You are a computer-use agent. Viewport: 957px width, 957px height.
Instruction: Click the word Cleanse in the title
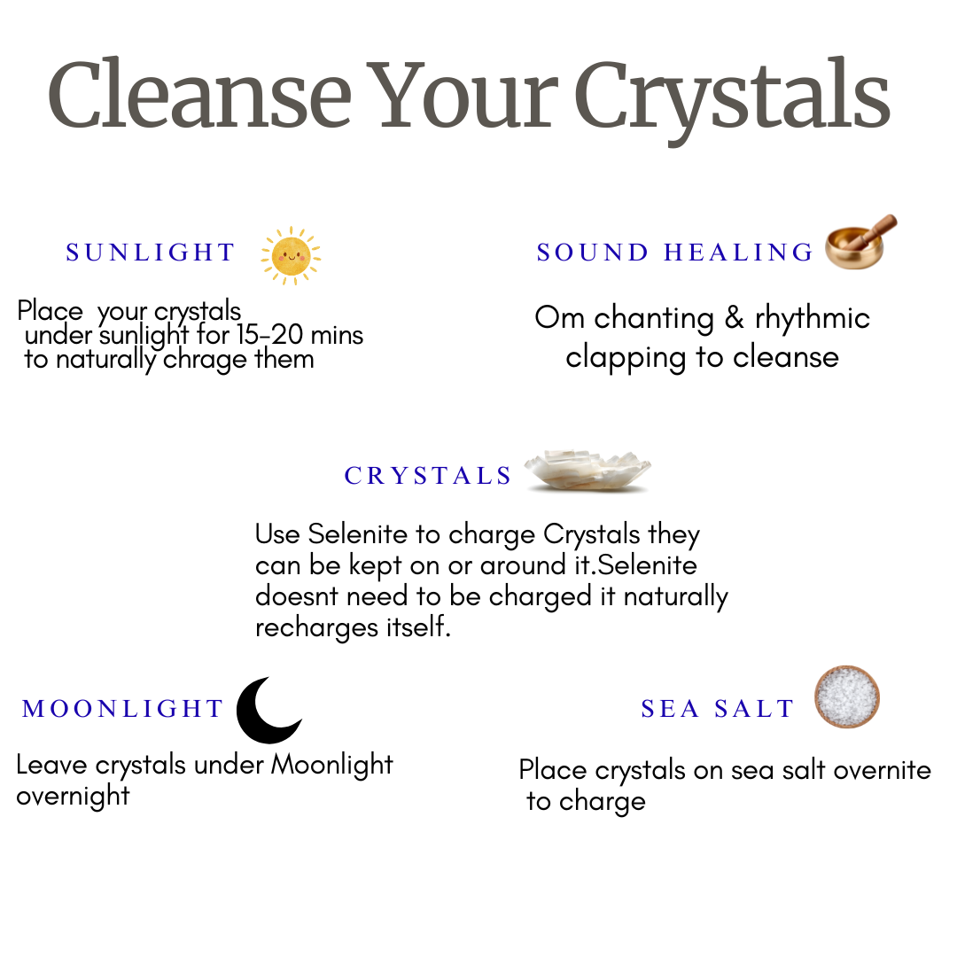[x=199, y=95]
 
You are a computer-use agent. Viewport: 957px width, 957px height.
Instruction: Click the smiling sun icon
[x=291, y=255]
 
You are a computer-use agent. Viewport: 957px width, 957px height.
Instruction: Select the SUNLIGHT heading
[x=151, y=253]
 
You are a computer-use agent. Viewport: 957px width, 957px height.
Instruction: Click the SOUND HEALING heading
[x=675, y=253]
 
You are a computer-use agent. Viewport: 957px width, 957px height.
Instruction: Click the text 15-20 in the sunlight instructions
[x=268, y=336]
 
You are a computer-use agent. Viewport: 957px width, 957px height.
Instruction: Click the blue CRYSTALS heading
[x=429, y=477]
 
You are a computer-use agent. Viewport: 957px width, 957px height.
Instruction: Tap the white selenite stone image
[x=587, y=471]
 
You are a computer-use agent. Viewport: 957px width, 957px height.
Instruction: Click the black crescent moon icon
[x=268, y=711]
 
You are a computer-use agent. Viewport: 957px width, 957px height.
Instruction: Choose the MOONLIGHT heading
[x=123, y=709]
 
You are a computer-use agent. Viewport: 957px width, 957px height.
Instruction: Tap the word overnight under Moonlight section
[x=73, y=795]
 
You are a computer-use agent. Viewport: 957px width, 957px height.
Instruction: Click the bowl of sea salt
[x=847, y=696]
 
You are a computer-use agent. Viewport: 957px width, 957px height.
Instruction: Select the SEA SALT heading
[x=718, y=709]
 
